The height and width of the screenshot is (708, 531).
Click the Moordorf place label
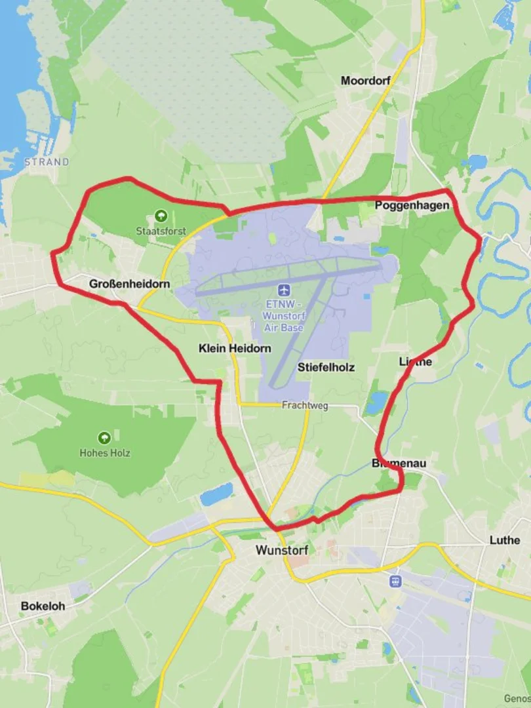pyautogui.click(x=365, y=81)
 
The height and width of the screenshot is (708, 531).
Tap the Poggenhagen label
pyautogui.click(x=412, y=206)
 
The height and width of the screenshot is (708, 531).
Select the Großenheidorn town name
pyautogui.click(x=129, y=284)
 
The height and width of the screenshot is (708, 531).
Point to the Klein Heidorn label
pyautogui.click(x=234, y=349)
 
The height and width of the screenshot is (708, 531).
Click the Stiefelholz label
pyautogui.click(x=326, y=367)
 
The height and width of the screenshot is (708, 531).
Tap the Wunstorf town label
pyautogui.click(x=281, y=549)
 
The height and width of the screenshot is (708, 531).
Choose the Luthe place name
pyautogui.click(x=505, y=540)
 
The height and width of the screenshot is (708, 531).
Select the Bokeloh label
pyautogui.click(x=43, y=606)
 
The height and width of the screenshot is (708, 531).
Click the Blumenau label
pyautogui.click(x=399, y=463)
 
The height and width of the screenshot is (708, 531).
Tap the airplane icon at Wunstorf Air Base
pyautogui.click(x=284, y=290)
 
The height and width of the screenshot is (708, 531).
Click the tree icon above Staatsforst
pyautogui.click(x=161, y=216)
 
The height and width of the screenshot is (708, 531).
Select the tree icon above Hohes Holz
pyautogui.click(x=104, y=438)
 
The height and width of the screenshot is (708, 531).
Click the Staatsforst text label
pyautogui.click(x=161, y=231)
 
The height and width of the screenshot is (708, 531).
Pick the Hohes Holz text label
pyautogui.click(x=105, y=453)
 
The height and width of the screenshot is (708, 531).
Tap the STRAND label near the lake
pyautogui.click(x=47, y=161)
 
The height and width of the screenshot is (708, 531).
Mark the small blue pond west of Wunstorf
pyautogui.click(x=216, y=493)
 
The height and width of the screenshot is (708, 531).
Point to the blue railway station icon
pyautogui.click(x=395, y=581)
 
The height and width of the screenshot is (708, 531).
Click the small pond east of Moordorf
pyautogui.click(x=475, y=162)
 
